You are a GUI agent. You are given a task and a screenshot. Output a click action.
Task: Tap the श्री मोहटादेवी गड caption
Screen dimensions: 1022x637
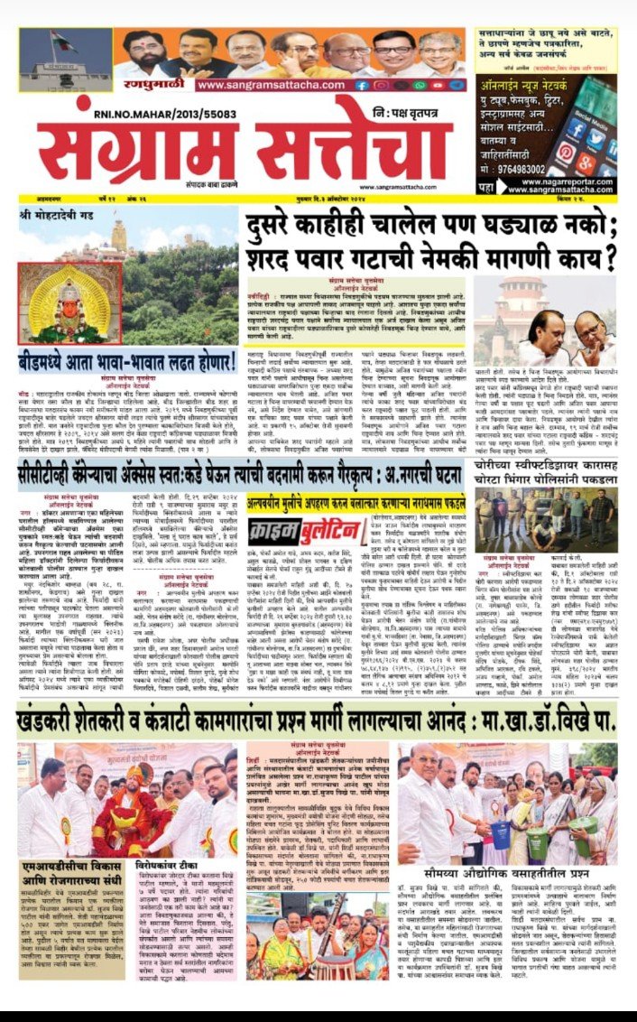(x=56, y=218)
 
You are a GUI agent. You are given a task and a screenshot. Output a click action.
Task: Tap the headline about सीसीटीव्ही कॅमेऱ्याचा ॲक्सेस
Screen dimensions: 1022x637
(x=239, y=471)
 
